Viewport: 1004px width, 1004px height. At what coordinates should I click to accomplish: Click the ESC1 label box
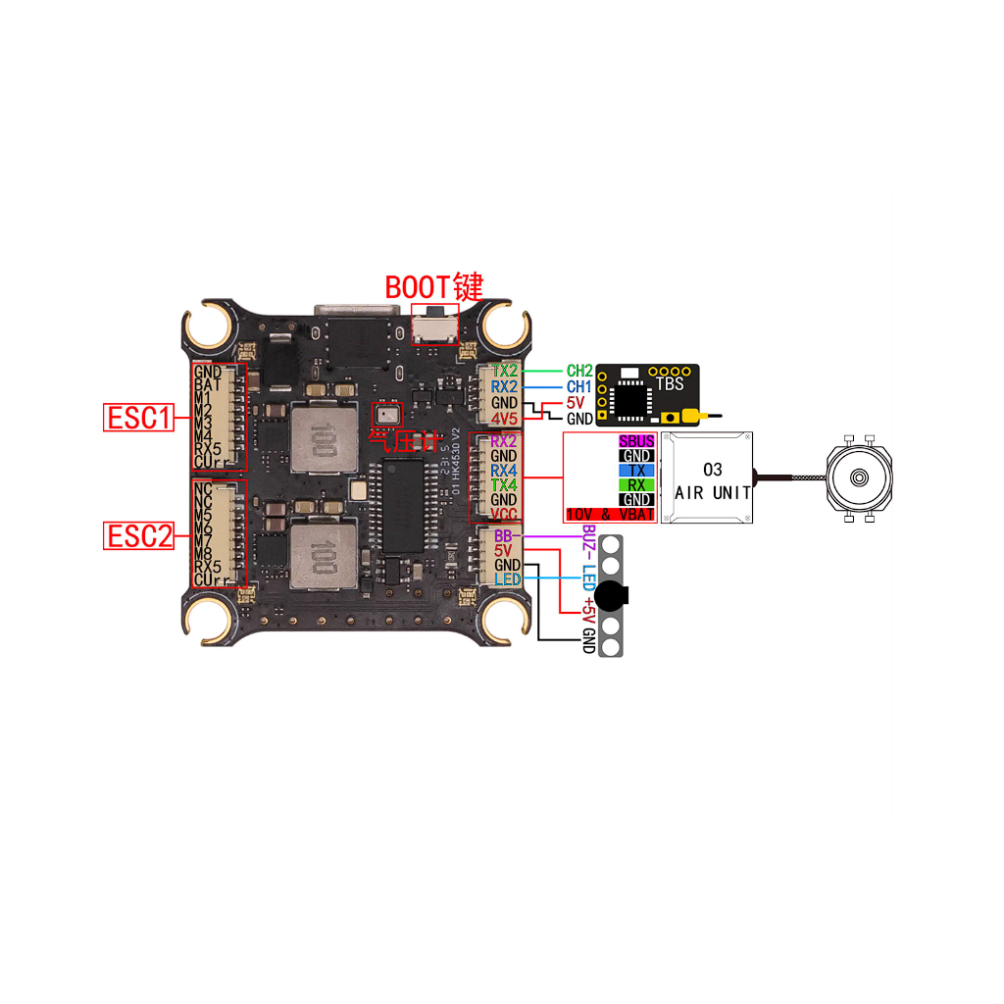pyautogui.click(x=138, y=418)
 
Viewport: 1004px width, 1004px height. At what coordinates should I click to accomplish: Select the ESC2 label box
pyautogui.click(x=138, y=535)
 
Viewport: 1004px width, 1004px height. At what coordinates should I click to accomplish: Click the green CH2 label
pyautogui.click(x=579, y=372)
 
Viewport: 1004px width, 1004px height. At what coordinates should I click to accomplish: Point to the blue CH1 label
pyautogui.click(x=579, y=387)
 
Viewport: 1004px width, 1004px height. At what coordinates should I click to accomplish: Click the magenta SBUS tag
pyautogui.click(x=637, y=442)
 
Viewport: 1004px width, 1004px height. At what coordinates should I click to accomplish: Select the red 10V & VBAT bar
pyautogui.click(x=610, y=514)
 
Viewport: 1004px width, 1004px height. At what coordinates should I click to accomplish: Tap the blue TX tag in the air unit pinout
pyautogui.click(x=637, y=471)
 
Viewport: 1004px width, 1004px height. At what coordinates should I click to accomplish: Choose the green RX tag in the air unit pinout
pyautogui.click(x=637, y=485)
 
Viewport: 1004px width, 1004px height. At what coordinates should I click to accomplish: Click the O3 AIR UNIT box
pyautogui.click(x=713, y=479)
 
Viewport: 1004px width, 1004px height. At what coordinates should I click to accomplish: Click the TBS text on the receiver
pyautogui.click(x=670, y=384)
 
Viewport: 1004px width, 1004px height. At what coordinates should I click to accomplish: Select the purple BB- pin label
pyautogui.click(x=504, y=536)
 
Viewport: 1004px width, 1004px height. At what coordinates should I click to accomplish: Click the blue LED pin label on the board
pyautogui.click(x=507, y=579)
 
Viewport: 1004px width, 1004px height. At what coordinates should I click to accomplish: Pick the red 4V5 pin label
pyautogui.click(x=505, y=418)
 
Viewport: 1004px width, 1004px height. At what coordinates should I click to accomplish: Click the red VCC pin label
pyautogui.click(x=504, y=513)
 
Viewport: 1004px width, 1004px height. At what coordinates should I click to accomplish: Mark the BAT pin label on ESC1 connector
pyautogui.click(x=208, y=386)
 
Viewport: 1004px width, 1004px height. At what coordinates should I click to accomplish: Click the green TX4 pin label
pyautogui.click(x=504, y=485)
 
